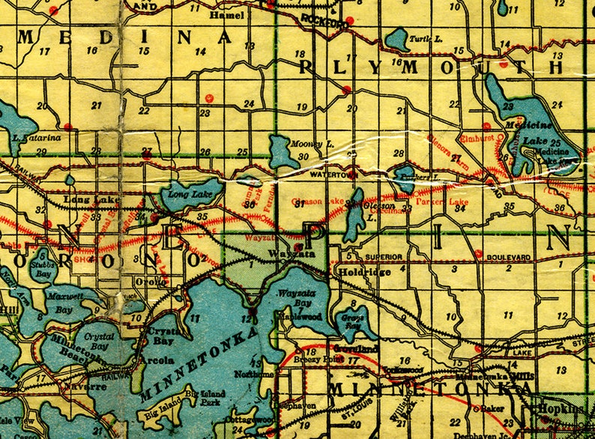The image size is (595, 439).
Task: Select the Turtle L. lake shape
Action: click(x=396, y=39)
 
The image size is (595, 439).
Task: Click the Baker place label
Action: click(x=490, y=408)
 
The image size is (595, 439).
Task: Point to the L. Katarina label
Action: click(x=36, y=137)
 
